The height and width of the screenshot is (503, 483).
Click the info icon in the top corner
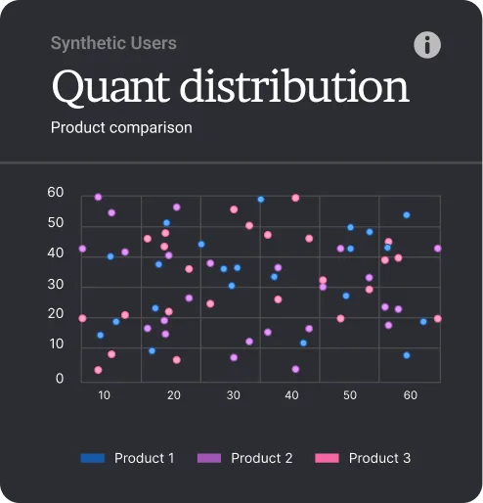pos(427,45)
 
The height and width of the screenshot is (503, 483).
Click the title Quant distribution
pos(230,86)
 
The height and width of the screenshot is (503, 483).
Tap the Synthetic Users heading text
pos(113,43)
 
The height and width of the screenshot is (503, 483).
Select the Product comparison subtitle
pos(121,127)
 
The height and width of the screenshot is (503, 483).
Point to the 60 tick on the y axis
pos(56,193)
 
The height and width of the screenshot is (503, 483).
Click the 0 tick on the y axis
pos(60,379)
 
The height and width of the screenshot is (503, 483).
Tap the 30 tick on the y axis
pos(56,285)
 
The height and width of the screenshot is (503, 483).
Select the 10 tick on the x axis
pos(105,395)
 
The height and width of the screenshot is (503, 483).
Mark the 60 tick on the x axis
pos(411,395)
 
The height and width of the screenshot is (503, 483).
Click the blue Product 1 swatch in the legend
pos(93,458)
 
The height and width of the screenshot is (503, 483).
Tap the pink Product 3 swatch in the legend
pos(328,458)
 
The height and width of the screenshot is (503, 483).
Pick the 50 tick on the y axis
pos(56,223)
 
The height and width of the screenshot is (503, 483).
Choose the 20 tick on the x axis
pos(174,395)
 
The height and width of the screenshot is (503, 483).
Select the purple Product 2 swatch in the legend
pos(209,458)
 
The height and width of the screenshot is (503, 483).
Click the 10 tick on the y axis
pos(56,344)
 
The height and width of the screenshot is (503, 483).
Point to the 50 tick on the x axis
pos(350,395)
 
